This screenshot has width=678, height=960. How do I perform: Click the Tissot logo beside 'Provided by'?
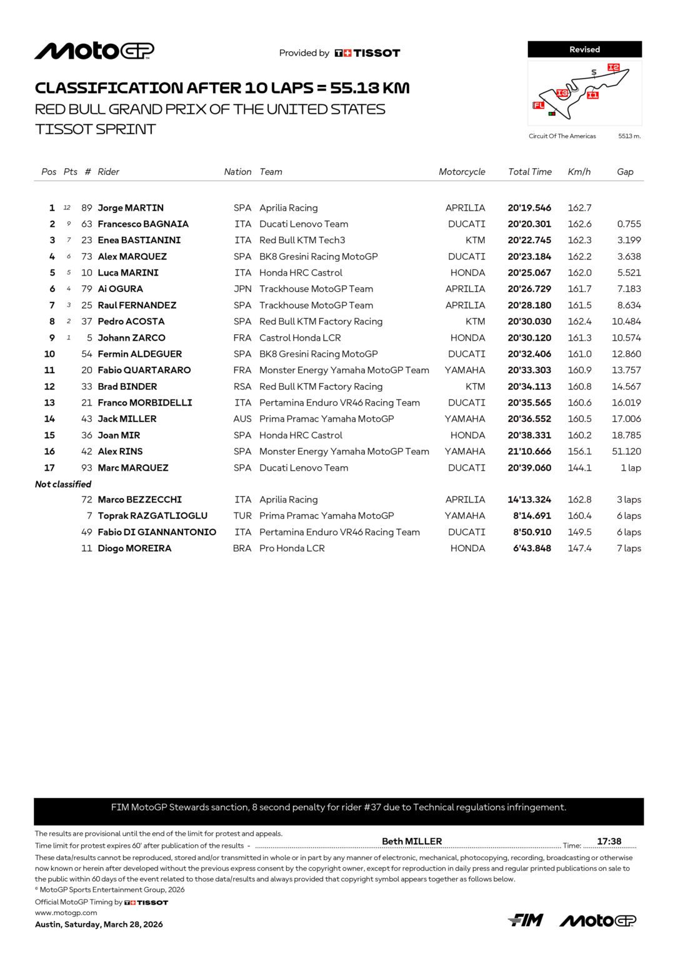point(367,53)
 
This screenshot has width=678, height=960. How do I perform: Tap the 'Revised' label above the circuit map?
point(584,49)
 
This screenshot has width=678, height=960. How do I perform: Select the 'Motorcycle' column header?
point(462,172)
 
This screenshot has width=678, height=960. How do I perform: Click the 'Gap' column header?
point(625,172)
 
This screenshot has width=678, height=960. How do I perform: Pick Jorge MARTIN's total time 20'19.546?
point(529,208)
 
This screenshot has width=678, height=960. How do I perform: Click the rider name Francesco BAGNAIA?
point(143,224)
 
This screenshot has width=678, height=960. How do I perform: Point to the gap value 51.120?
point(626,452)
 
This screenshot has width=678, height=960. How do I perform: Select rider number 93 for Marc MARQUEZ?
point(87,468)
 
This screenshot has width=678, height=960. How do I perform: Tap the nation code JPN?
point(242,289)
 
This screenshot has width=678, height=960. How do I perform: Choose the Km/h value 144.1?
point(579,468)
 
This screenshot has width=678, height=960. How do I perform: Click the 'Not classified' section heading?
point(63,484)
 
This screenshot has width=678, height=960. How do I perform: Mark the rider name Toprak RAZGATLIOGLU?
point(152,516)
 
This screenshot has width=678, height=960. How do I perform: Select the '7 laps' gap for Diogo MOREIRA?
point(629,549)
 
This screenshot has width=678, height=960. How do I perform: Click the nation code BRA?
point(242,549)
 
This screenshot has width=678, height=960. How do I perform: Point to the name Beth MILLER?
point(412,841)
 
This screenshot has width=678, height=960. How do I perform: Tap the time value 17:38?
point(609,841)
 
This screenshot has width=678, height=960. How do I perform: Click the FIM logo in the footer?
point(526,920)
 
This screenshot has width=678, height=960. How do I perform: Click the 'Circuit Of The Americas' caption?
point(562,136)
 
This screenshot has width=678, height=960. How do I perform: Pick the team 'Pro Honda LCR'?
point(292,549)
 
